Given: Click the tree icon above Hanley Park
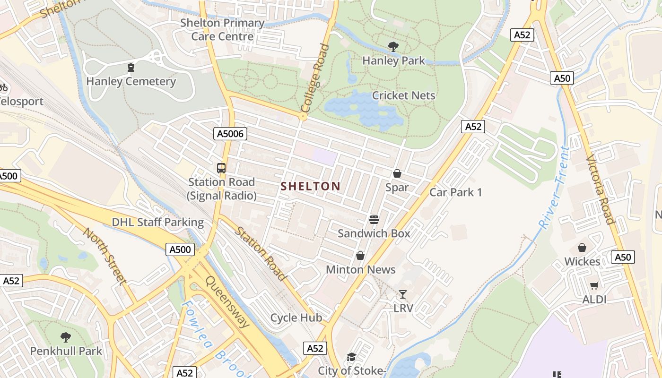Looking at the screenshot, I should [x=393, y=46].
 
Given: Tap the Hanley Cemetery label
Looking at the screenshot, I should [x=131, y=81].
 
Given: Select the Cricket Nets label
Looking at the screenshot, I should [x=403, y=95].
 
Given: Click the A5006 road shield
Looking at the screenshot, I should [x=230, y=134].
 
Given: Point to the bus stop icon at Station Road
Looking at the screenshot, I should [x=221, y=168].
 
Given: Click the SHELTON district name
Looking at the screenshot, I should [x=311, y=186].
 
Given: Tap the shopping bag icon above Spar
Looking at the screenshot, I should [x=397, y=173].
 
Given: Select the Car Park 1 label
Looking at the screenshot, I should [x=455, y=192].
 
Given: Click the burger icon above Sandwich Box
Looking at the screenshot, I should [x=374, y=219].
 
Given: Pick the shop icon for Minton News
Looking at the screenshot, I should [x=360, y=256].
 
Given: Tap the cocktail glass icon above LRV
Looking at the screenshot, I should [x=403, y=294].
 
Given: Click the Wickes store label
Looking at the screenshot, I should [x=582, y=262].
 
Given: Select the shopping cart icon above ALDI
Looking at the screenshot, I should [x=594, y=285].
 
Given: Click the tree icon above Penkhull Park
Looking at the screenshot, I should [x=66, y=337].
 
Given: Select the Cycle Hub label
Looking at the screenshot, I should [x=296, y=318].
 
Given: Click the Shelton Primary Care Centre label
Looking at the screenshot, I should [x=222, y=29].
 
